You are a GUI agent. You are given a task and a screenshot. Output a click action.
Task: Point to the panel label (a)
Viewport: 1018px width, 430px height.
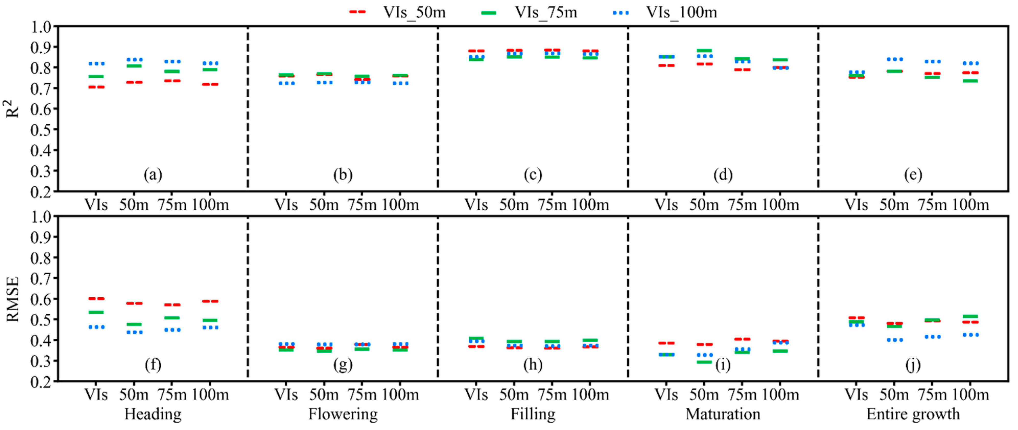(x=153, y=174)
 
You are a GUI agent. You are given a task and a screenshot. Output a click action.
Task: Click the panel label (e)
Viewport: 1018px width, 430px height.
(x=913, y=174)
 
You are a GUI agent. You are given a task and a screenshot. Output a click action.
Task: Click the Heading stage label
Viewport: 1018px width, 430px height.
(x=153, y=414)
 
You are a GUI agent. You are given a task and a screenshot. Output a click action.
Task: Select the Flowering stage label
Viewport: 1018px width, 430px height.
(x=343, y=414)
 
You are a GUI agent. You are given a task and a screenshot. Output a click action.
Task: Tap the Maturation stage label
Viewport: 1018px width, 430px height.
(x=723, y=414)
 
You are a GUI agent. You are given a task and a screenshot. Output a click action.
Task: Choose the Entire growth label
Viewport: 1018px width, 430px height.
(x=913, y=414)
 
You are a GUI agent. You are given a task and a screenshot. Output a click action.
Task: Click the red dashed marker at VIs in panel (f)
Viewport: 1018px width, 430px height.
(x=96, y=299)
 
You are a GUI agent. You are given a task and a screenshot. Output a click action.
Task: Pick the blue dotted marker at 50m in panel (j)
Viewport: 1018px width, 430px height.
(x=894, y=340)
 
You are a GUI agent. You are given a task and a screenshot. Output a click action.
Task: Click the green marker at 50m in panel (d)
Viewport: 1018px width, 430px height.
(x=704, y=51)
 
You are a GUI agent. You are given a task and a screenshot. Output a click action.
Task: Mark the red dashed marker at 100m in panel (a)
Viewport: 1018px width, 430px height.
(x=210, y=84)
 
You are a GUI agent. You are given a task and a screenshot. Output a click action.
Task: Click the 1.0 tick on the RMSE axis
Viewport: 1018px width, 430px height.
(x=41, y=216)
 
